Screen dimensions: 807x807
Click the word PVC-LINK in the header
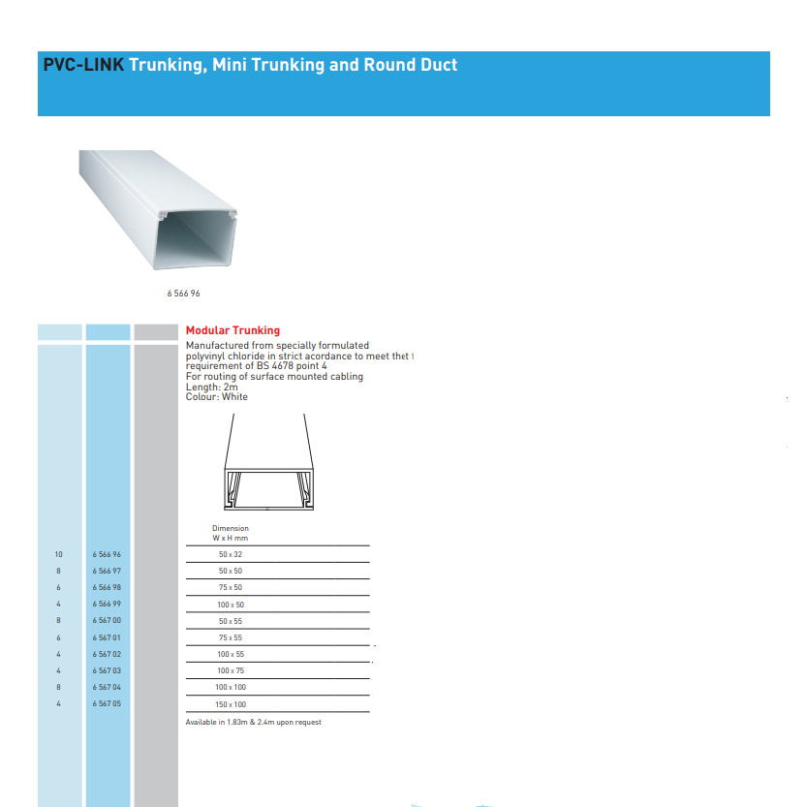coord(83,66)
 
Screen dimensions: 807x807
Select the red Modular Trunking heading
coord(233,330)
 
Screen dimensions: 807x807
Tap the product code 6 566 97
coord(107,572)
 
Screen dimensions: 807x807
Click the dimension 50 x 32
coord(231,554)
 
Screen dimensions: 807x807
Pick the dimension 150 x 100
coord(231,704)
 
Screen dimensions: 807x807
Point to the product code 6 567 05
coord(107,704)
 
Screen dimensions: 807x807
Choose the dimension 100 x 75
coord(231,670)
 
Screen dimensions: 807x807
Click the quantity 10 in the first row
coord(58,554)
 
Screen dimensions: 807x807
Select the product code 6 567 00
coord(107,620)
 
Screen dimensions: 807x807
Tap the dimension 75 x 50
coord(231,588)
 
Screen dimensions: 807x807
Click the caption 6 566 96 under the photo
coord(183,293)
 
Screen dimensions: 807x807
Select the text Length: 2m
coord(211,387)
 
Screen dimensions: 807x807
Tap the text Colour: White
coord(216,397)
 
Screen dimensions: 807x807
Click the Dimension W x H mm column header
coord(231,533)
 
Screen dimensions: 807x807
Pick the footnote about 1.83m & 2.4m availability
coord(253,723)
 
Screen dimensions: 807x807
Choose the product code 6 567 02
coord(107,654)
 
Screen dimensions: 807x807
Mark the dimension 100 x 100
coord(231,687)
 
